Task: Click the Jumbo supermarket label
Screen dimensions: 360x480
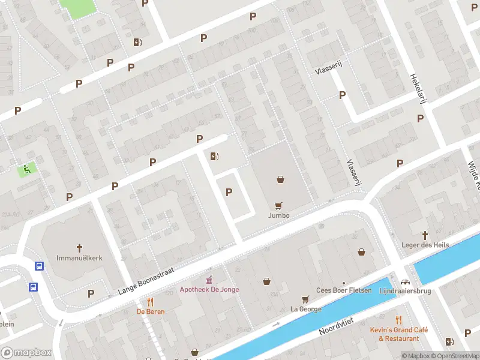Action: [279, 215]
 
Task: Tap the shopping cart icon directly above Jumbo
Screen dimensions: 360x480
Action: [278, 205]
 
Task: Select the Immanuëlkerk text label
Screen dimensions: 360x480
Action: [79, 257]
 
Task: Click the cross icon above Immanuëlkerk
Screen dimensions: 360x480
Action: [79, 247]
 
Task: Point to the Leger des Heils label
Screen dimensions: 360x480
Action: [425, 245]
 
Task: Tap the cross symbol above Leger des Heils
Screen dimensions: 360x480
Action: [425, 235]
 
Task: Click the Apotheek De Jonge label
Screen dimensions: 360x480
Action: [209, 289]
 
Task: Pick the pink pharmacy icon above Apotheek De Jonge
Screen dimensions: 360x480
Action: [209, 280]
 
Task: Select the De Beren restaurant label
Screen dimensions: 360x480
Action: [150, 311]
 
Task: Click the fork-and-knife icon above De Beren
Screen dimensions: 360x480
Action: [150, 302]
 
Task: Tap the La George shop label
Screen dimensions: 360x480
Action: [305, 309]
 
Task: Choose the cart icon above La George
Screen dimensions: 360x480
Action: [305, 299]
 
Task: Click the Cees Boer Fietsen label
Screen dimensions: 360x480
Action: [344, 290]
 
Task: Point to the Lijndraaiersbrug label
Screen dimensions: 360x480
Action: [406, 290]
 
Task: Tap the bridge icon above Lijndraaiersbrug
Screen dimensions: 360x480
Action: [406, 281]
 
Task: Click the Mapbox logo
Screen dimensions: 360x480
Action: [26, 353]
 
